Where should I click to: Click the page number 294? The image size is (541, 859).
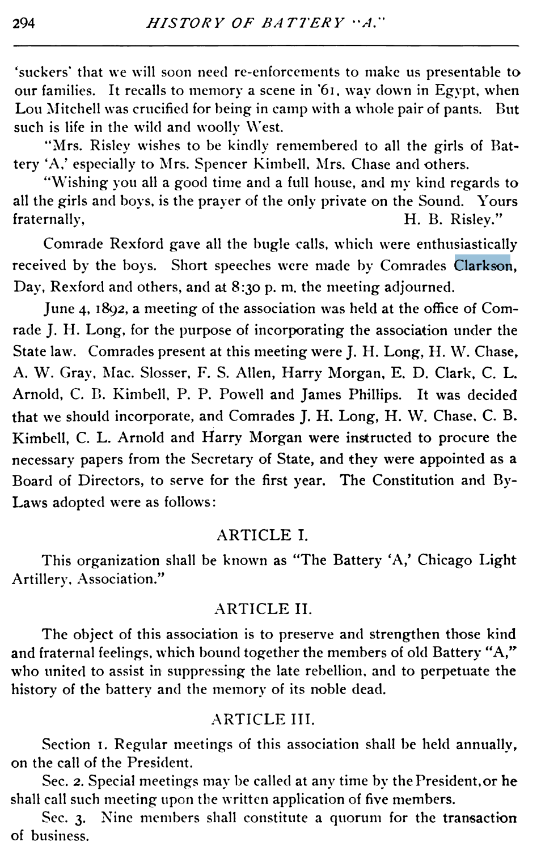pyautogui.click(x=24, y=23)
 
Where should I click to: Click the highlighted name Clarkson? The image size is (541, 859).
pyautogui.click(x=483, y=265)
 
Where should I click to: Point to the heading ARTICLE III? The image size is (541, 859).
pyautogui.click(x=262, y=719)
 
